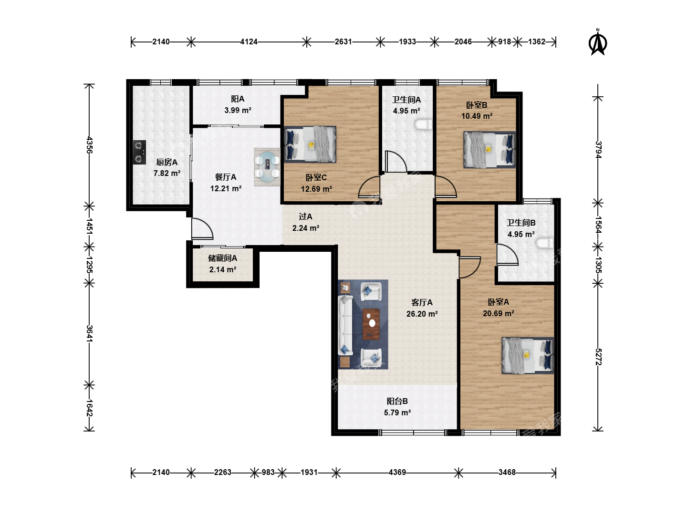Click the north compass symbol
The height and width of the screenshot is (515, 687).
point(597,42)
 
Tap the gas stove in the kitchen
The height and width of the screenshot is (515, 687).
point(139,152)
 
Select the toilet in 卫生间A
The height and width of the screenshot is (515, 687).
point(424,124)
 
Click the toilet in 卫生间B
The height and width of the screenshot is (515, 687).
point(545,243)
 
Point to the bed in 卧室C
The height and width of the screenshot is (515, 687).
point(310,144)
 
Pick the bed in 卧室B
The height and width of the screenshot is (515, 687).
point(489,150)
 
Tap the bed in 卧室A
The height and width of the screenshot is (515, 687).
point(528,355)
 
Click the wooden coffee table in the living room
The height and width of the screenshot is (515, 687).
point(371,324)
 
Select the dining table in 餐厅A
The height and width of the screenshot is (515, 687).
point(268,167)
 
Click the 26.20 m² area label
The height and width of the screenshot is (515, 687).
point(422,314)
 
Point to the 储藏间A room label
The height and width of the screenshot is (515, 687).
point(222,258)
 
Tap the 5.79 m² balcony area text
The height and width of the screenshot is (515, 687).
point(397,413)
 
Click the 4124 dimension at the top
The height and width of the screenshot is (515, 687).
point(249,41)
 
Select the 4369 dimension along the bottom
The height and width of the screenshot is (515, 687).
point(397,472)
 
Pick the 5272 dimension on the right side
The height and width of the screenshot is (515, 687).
point(598,357)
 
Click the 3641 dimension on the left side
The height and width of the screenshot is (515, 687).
point(89,334)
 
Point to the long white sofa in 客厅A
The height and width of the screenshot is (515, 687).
point(345,325)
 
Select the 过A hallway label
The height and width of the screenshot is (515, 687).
point(305,216)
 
